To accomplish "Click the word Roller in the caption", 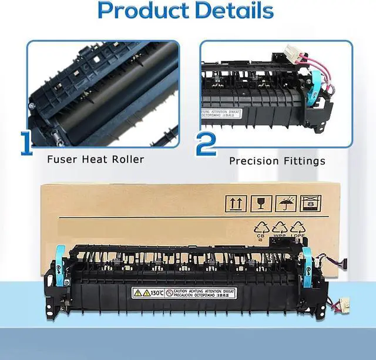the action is click(128, 159).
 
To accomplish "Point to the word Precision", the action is click(252, 160).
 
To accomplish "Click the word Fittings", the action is click(304, 160).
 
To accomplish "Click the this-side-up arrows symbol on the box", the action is click(234, 203).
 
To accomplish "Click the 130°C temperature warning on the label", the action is click(152, 292).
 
